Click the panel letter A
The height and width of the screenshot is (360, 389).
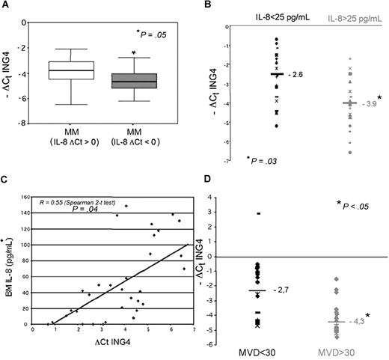(7, 7)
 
